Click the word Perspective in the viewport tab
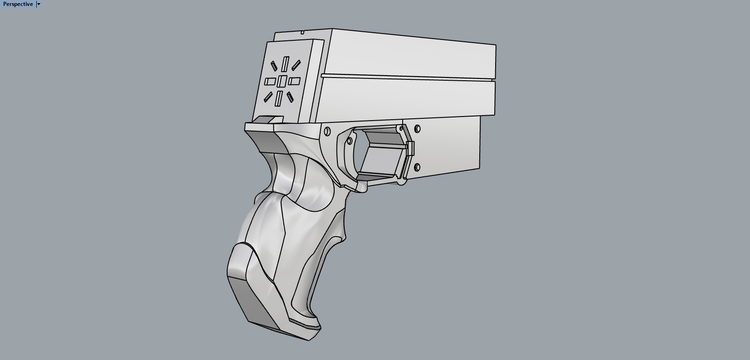point(18,4)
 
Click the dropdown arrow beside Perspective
point(39,4)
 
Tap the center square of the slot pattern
point(282,81)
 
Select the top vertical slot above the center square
point(285,64)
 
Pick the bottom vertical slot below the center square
point(279,98)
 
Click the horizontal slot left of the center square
point(270,82)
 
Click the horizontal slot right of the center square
point(294,81)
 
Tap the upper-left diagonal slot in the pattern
point(274,66)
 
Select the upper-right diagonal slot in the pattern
point(296,65)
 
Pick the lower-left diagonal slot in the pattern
point(268,97)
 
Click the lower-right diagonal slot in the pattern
point(290,97)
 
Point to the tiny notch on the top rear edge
point(302,32)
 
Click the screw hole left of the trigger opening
point(327,131)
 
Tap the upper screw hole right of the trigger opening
point(417,129)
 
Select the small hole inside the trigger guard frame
point(349,141)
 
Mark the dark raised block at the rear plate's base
point(268,119)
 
